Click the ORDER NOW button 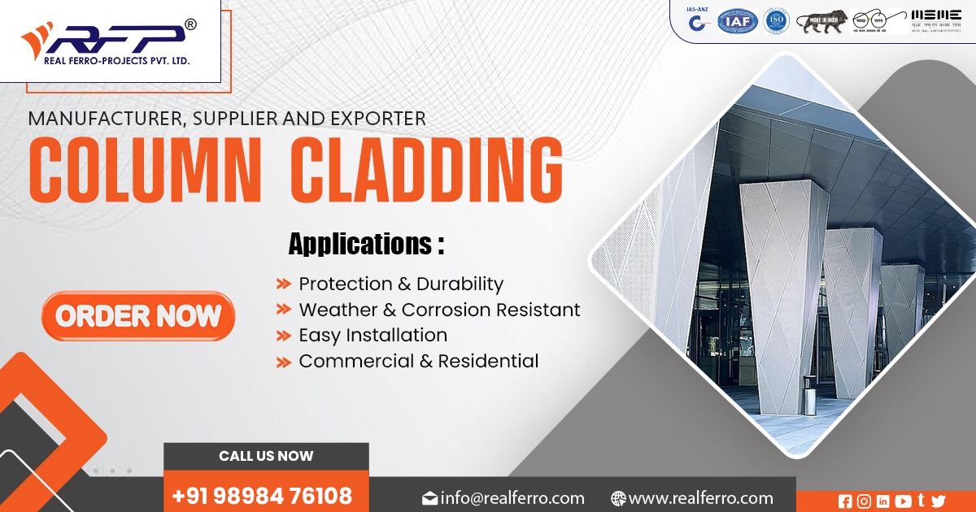pyautogui.click(x=138, y=316)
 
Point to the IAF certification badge pyautogui.click(x=737, y=21)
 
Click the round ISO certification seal pyautogui.click(x=777, y=21)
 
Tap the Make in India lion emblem pyautogui.click(x=821, y=21)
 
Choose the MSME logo pyautogui.click(x=936, y=21)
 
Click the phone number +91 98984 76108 pyautogui.click(x=262, y=495)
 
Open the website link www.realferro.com pyautogui.click(x=700, y=498)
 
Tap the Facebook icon pyautogui.click(x=845, y=501)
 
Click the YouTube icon pyautogui.click(x=902, y=501)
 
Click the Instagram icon pyautogui.click(x=864, y=501)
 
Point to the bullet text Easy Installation pyautogui.click(x=373, y=335)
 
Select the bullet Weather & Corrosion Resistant pyautogui.click(x=439, y=310)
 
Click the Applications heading pyautogui.click(x=366, y=244)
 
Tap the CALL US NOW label pyautogui.click(x=266, y=456)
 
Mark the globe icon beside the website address pyautogui.click(x=618, y=498)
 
